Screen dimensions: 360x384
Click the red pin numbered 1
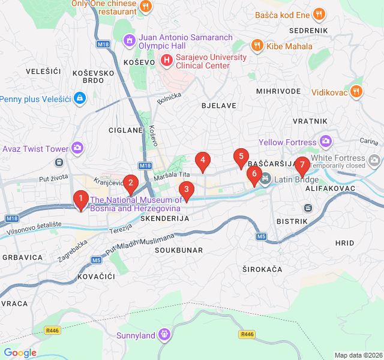point(80,199)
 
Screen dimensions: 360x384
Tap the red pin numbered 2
point(130,183)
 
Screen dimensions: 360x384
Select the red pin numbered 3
point(187,191)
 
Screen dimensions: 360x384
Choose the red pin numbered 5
point(241,157)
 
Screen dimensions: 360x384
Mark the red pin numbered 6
point(254,175)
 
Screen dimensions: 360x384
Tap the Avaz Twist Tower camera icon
point(77,148)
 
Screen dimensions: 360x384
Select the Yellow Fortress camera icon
point(326,142)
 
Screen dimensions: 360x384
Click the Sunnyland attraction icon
point(164,335)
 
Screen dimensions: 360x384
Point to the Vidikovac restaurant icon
point(356,92)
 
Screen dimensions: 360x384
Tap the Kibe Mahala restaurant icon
point(257,46)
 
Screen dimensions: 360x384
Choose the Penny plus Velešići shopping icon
point(80,98)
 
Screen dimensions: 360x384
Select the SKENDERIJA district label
point(164,219)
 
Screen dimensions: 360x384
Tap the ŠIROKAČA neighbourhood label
point(262,269)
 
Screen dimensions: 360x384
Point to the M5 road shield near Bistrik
point(261,236)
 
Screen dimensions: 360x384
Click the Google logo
point(20,353)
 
